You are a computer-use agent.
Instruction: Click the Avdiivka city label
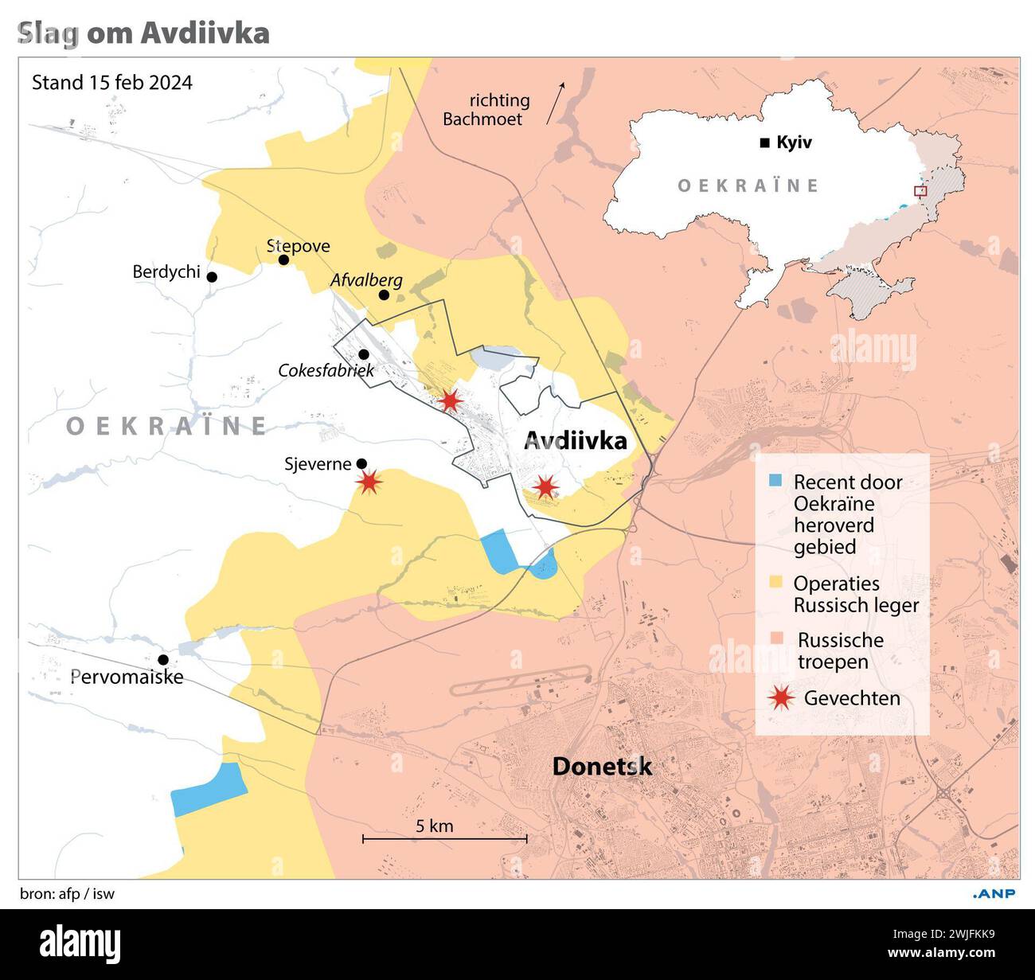[575, 440]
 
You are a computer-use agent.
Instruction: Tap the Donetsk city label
[602, 766]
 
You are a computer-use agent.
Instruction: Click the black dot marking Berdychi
[212, 277]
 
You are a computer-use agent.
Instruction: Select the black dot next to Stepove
[283, 260]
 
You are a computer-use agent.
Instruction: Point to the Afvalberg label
[366, 280]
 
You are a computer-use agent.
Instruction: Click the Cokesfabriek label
[326, 370]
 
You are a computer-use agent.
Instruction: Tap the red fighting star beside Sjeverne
[369, 481]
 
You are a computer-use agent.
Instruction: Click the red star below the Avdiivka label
[545, 486]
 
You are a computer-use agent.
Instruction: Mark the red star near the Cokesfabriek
[451, 400]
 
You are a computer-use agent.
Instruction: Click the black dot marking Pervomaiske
[163, 659]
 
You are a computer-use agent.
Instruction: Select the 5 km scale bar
[445, 837]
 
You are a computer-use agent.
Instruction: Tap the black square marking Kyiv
[765, 143]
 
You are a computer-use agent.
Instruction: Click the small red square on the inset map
[920, 191]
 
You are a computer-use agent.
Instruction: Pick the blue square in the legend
[776, 481]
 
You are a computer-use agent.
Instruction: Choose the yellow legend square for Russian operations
[776, 583]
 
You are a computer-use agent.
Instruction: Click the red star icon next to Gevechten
[782, 698]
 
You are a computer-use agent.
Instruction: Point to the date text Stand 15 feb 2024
[111, 83]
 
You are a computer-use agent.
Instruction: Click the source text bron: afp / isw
[67, 893]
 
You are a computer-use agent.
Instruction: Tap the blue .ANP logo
[994, 893]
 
